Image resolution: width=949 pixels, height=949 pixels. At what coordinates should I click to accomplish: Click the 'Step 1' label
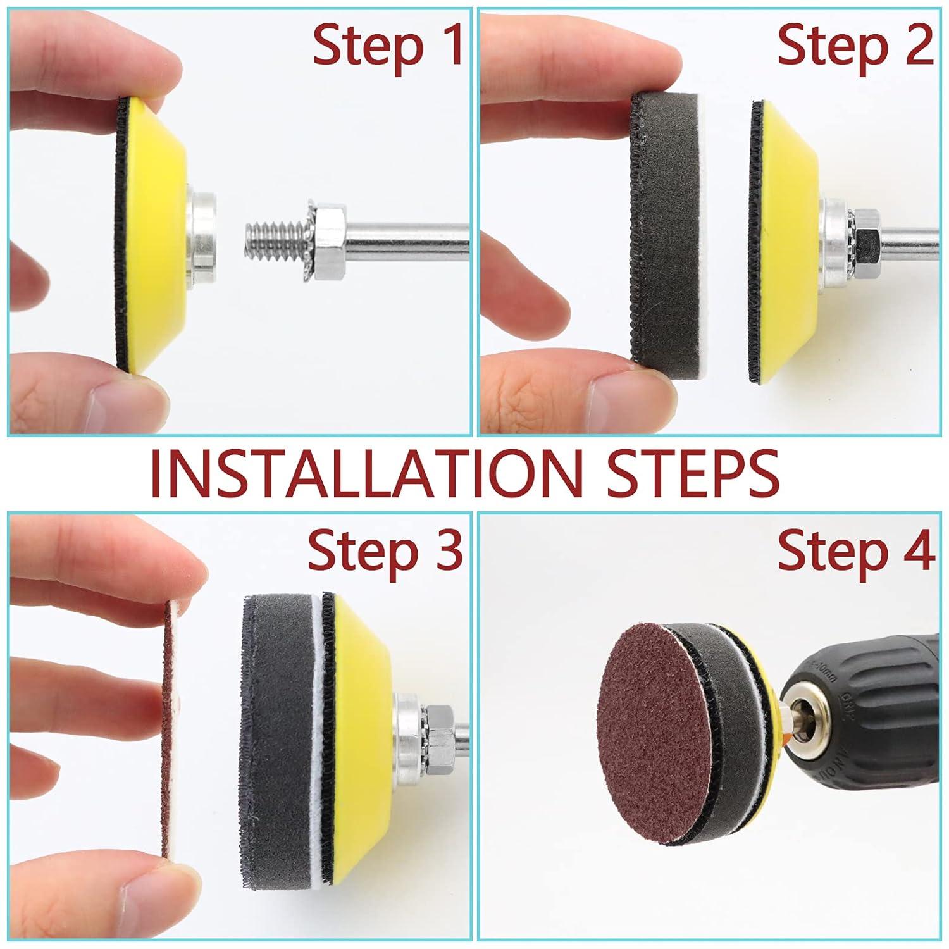pos(387,46)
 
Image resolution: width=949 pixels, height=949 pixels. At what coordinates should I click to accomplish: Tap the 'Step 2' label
pos(854,46)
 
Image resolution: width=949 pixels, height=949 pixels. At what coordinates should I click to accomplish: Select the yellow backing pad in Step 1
pos(158,234)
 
